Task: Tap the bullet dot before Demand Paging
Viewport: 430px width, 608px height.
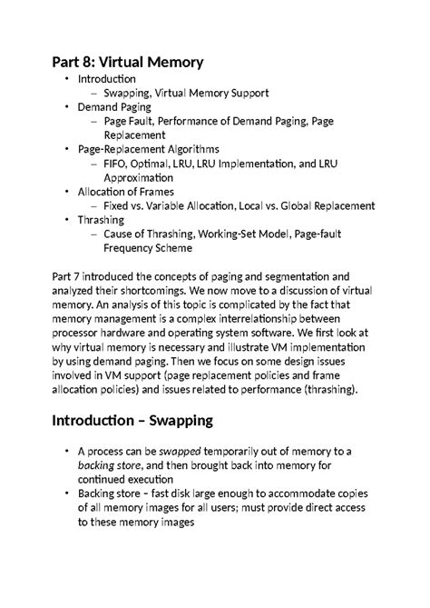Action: pyautogui.click(x=66, y=106)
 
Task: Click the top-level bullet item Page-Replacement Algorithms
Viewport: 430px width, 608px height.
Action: pyautogui.click(x=148, y=148)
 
